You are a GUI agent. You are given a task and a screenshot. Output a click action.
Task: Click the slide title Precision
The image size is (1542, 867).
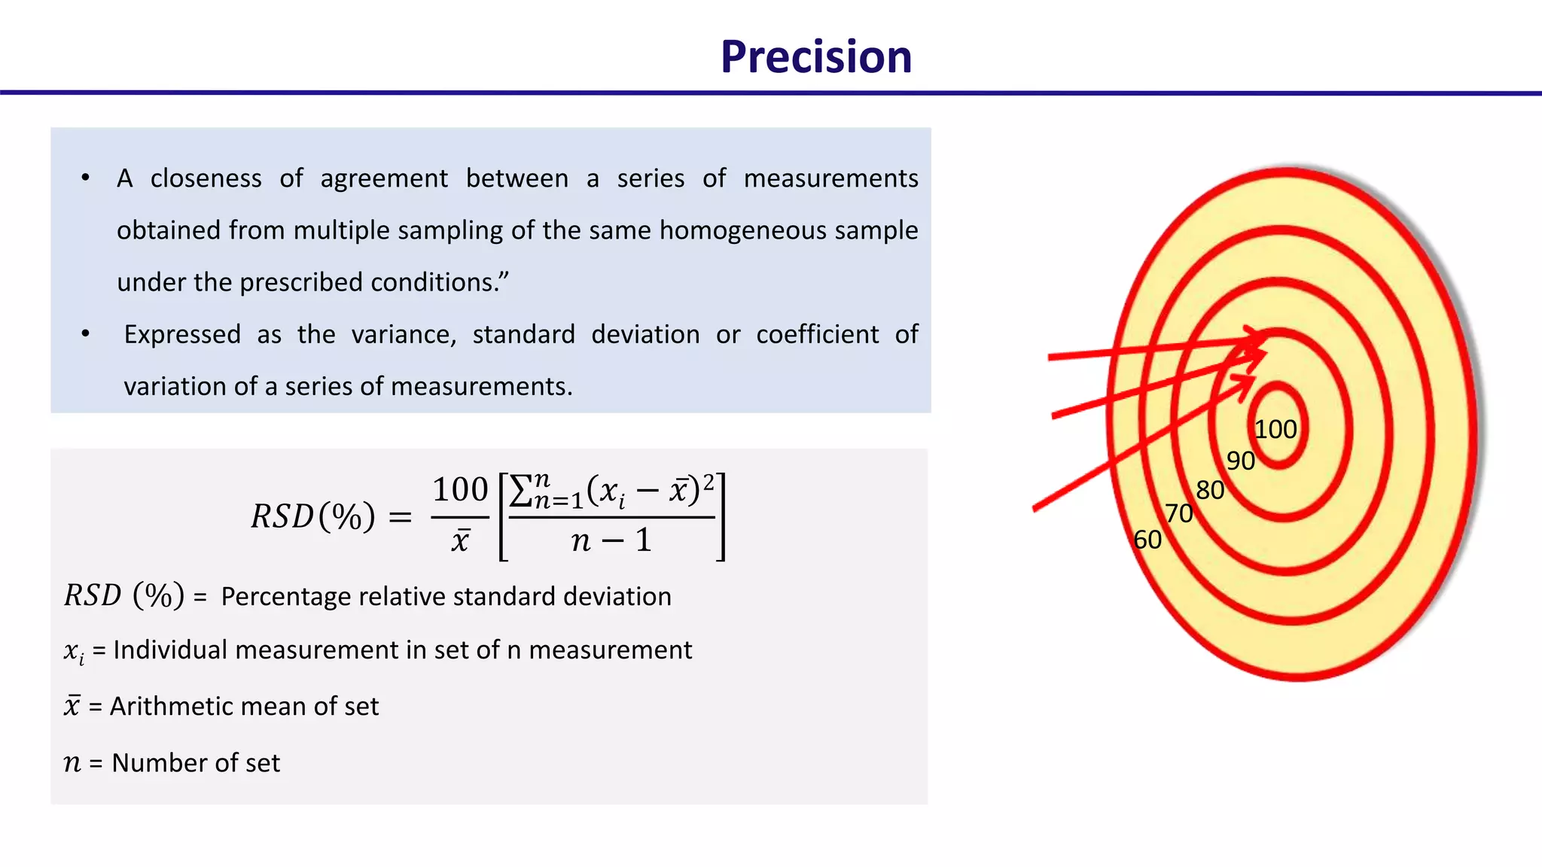pos(815,57)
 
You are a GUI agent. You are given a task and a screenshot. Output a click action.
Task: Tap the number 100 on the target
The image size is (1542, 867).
pos(1275,430)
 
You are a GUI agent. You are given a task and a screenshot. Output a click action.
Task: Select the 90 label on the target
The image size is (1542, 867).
pos(1240,461)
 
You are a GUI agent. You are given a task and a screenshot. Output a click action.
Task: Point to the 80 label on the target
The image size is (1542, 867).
pos(1210,491)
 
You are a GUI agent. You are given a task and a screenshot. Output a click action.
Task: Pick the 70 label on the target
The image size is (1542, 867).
pos(1179,514)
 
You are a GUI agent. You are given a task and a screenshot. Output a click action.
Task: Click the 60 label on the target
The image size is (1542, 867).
pos(1147,540)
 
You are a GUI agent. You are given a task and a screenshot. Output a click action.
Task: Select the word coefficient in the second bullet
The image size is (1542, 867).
pos(817,334)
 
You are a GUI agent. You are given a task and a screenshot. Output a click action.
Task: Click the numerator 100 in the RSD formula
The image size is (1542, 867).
pos(460,490)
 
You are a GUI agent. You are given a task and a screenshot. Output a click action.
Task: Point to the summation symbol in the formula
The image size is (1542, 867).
pos(521,491)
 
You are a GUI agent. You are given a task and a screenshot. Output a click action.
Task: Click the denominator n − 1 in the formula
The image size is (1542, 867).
pos(611,540)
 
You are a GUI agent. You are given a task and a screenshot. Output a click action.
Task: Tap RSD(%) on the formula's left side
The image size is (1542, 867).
pos(312,516)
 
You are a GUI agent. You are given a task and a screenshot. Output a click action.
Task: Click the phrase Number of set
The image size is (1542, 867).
pos(196,763)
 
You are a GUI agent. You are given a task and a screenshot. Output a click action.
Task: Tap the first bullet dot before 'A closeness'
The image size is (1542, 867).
pos(86,178)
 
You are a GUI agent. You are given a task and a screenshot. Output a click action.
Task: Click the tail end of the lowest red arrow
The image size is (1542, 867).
pos(1036,509)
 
